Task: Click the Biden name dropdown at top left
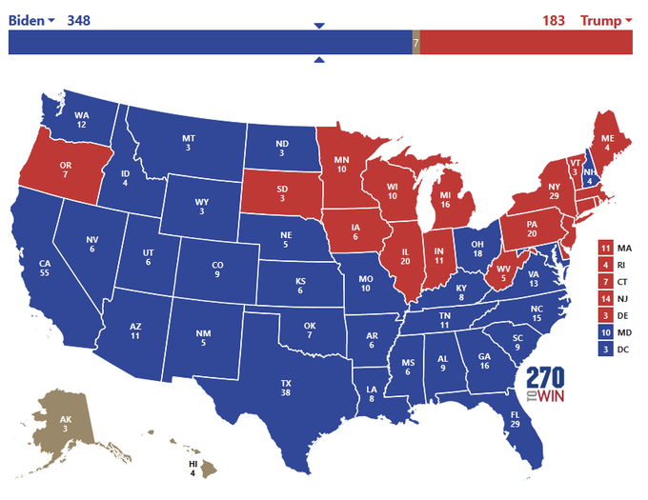pos(31,20)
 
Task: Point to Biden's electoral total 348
pos(79,20)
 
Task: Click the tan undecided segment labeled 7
pos(415,43)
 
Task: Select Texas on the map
pos(285,386)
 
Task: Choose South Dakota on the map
pos(282,193)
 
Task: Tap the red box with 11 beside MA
pos(606,249)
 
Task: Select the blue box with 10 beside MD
pos(606,332)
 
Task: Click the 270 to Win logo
pos(544,384)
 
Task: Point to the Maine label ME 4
pos(607,140)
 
